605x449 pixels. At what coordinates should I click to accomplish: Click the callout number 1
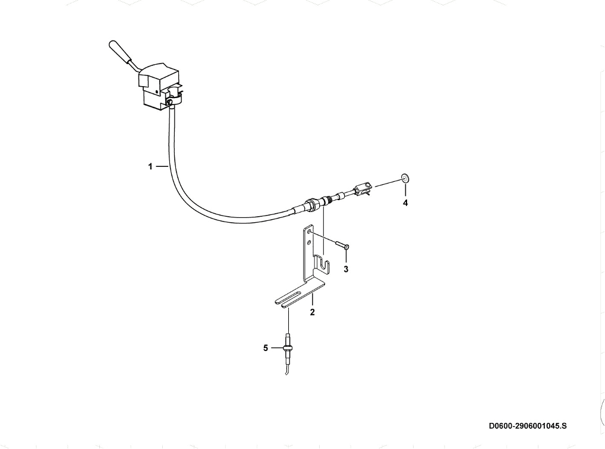tap(150, 167)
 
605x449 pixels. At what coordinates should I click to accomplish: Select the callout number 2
tap(312, 312)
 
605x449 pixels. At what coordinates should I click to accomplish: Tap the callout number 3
tap(346, 269)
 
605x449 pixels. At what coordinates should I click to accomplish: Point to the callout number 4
tap(405, 203)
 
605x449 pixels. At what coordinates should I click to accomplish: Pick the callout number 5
tap(266, 348)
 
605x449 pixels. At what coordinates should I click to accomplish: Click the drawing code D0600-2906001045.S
tap(528, 426)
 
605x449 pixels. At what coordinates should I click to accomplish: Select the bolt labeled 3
tap(342, 245)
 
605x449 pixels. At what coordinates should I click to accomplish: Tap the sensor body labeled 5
tap(288, 347)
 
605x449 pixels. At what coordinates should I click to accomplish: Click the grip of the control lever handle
tap(121, 51)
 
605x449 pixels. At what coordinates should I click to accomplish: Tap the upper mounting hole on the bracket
tap(309, 232)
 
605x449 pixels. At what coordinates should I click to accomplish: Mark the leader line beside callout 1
tap(162, 167)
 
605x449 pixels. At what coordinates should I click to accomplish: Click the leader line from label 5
tap(277, 348)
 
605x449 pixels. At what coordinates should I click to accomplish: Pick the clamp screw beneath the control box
tap(170, 102)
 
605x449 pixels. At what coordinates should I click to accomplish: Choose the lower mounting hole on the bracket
tap(309, 244)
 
